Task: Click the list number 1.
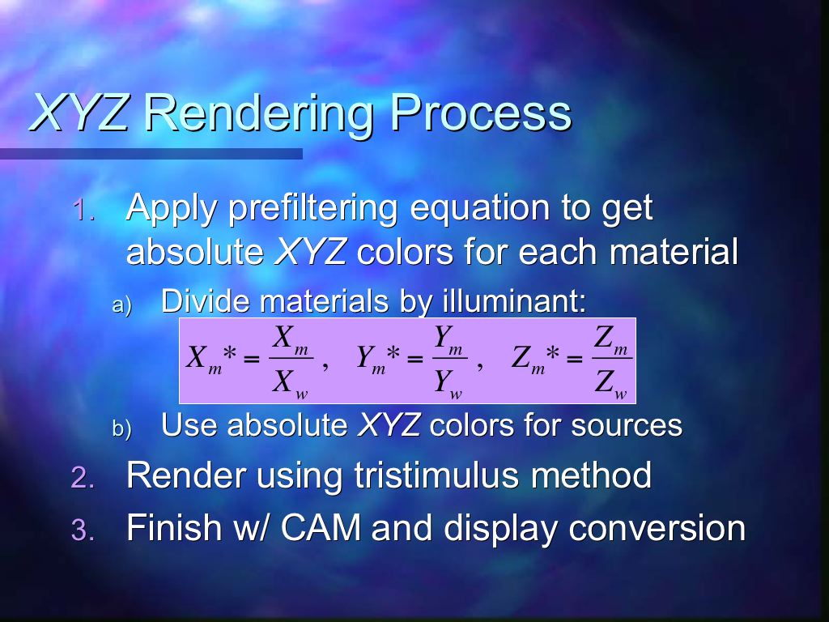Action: [83, 210]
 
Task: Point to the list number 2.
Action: [83, 478]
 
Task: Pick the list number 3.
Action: [83, 530]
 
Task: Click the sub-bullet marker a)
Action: [121, 305]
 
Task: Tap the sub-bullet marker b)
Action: [121, 428]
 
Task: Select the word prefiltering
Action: [312, 208]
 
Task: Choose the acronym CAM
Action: [321, 527]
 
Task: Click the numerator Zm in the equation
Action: [610, 339]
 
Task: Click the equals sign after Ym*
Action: [415, 359]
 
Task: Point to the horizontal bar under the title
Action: [151, 153]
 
